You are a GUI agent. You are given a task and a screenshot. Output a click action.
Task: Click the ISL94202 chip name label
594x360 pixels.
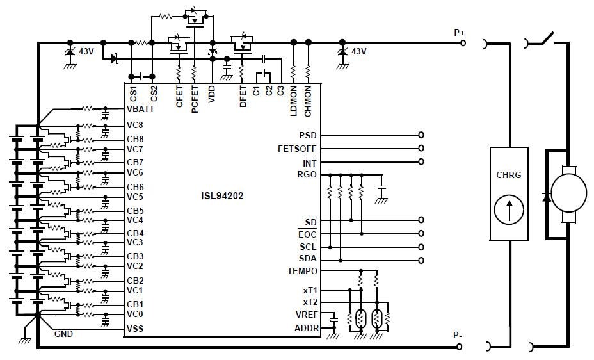[x=219, y=196]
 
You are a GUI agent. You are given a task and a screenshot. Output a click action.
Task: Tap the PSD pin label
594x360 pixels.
[x=307, y=136]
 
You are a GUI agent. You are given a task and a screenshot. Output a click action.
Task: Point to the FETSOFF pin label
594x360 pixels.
[x=297, y=149]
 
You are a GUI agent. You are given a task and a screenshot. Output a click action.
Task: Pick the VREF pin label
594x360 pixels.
[x=305, y=315]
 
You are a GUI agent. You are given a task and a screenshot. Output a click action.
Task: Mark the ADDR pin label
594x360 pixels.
[x=305, y=328]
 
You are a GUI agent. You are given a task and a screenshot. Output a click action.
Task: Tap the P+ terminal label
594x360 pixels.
[x=460, y=33]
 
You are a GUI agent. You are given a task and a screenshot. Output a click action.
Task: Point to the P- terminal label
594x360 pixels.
[x=458, y=336]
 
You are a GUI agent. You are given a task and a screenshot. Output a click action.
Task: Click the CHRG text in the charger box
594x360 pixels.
[x=509, y=174]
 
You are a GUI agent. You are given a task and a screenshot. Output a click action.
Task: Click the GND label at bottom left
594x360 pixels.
[x=63, y=334]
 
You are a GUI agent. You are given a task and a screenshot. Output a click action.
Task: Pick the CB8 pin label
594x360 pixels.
[x=135, y=139]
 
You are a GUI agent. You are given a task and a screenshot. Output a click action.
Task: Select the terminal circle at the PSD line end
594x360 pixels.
[x=421, y=136]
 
